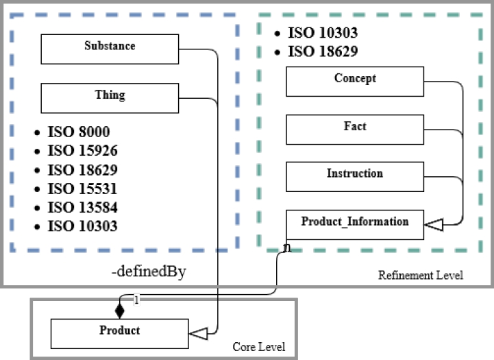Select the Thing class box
tap(110, 98)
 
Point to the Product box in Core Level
tap(120, 333)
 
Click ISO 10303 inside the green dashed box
tap(322, 33)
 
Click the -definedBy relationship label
tap(149, 273)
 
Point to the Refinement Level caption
tap(420, 276)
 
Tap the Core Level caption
tap(259, 347)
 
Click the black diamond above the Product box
tap(120, 311)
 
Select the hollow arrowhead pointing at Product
tap(198, 333)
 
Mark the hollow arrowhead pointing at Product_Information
tap(434, 224)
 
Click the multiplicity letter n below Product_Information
tap(286, 247)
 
